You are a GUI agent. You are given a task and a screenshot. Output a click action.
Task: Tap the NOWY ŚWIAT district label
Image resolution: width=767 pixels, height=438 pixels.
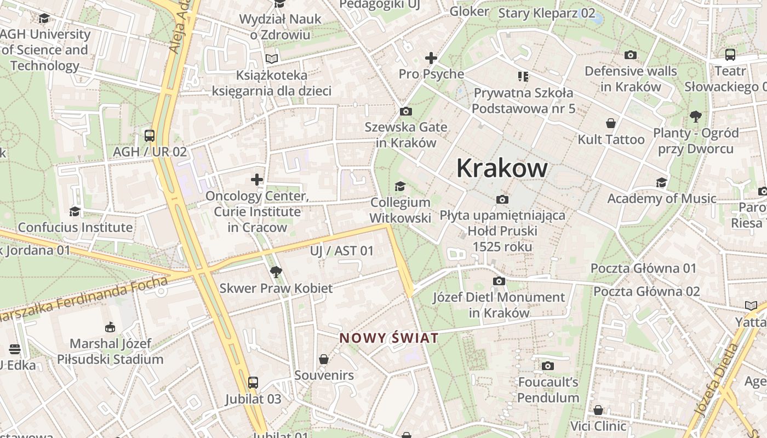[x=389, y=338]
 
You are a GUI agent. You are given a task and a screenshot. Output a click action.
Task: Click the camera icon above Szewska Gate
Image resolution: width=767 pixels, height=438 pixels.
[x=406, y=112]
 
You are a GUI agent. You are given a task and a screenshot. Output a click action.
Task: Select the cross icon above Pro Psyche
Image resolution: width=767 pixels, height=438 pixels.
[x=431, y=58]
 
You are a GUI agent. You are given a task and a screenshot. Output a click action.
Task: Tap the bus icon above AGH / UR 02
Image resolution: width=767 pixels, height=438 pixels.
[x=150, y=135]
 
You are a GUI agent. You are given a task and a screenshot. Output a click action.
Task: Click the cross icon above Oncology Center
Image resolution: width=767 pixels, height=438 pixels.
[x=257, y=180]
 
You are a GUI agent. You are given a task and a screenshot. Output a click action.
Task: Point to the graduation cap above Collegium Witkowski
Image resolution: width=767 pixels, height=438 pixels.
[x=400, y=187]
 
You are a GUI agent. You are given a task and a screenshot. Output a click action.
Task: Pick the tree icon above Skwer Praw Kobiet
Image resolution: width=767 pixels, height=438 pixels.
[x=276, y=272]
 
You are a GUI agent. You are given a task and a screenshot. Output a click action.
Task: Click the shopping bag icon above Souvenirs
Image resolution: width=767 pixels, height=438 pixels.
[x=324, y=359]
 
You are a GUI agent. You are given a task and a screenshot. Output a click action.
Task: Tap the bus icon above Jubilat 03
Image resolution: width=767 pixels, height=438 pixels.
[x=253, y=382]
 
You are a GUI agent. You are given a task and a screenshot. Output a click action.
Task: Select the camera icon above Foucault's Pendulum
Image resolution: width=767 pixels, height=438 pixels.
[x=547, y=366]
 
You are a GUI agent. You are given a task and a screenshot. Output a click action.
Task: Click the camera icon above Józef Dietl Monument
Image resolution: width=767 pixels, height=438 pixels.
[x=499, y=281]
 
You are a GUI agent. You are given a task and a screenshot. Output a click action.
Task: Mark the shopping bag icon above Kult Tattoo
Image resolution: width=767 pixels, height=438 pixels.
[x=611, y=123]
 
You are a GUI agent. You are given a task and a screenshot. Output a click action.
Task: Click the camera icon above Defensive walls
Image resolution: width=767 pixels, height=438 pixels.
[x=631, y=55]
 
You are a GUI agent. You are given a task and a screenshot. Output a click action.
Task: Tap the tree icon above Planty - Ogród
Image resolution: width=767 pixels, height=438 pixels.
[x=696, y=116]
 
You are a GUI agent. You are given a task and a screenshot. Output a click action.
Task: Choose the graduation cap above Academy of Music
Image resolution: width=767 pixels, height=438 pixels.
[x=662, y=182]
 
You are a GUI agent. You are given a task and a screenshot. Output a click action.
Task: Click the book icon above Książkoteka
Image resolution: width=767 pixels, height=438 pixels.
[x=272, y=59]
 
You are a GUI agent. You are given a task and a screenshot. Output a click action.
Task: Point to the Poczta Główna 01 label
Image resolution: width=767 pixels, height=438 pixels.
[x=643, y=269]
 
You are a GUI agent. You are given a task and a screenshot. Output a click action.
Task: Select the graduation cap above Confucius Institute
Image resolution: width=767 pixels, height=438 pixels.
[x=75, y=211]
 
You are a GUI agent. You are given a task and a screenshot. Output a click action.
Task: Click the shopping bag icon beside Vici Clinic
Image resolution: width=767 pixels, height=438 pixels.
[x=598, y=410]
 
